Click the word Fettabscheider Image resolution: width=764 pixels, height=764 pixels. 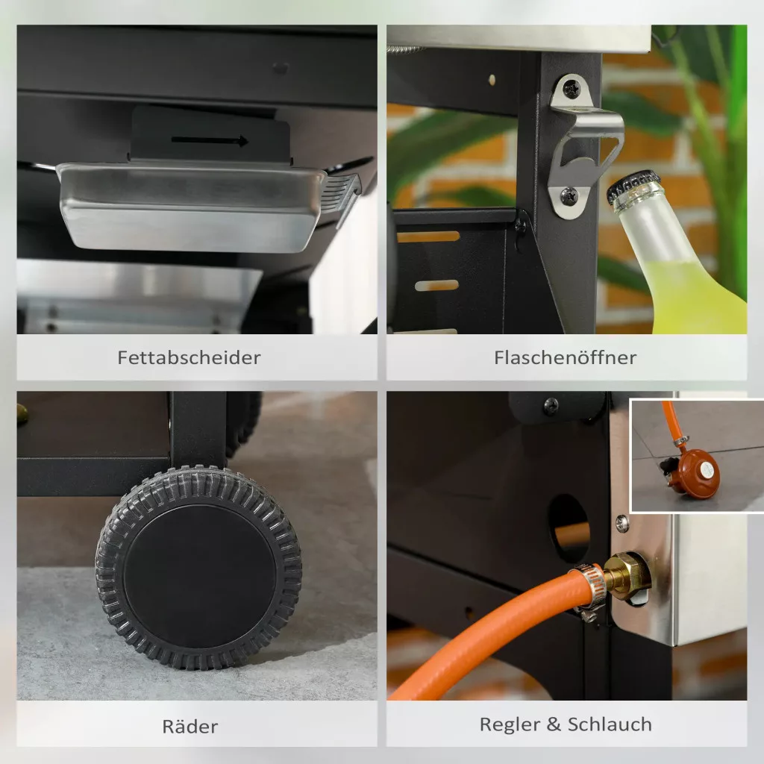click(189, 357)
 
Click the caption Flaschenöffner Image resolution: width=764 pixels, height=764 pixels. click(566, 357)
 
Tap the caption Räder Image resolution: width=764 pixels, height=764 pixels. click(190, 726)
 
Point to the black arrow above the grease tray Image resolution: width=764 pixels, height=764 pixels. click(210, 141)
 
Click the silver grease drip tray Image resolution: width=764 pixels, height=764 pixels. click(191, 207)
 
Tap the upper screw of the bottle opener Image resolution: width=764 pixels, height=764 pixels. click(571, 90)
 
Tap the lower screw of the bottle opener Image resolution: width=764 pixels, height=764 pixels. click(569, 196)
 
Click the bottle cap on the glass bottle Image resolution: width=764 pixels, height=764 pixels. click(633, 186)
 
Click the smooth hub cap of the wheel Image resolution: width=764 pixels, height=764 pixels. click(199, 576)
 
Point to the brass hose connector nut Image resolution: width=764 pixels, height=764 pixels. click(627, 577)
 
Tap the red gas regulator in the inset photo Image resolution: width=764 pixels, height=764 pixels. click(695, 472)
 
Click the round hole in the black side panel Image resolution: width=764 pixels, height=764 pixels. click(569, 527)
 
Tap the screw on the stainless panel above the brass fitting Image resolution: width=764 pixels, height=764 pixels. click(622, 523)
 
